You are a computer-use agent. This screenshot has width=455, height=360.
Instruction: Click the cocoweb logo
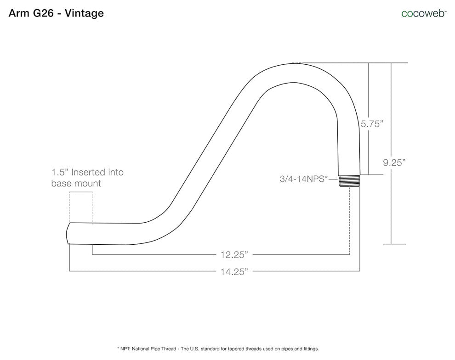pyautogui.click(x=424, y=13)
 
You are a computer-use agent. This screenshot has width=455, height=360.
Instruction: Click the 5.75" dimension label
pyautogui.click(x=372, y=124)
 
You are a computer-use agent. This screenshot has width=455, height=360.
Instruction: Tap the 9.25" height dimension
pyautogui.click(x=394, y=163)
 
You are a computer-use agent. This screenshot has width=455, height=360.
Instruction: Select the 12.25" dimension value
pyautogui.click(x=234, y=255)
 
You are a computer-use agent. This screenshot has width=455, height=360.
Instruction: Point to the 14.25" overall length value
pyautogui.click(x=234, y=271)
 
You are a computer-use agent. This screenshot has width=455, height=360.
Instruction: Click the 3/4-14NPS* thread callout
pyautogui.click(x=303, y=179)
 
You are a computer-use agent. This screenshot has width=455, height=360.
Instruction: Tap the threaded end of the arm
pyautogui.click(x=349, y=181)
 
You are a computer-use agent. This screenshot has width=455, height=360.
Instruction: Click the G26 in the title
pyautogui.click(x=43, y=13)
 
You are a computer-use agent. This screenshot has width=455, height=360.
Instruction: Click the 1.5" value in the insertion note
pyautogui.click(x=60, y=172)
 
